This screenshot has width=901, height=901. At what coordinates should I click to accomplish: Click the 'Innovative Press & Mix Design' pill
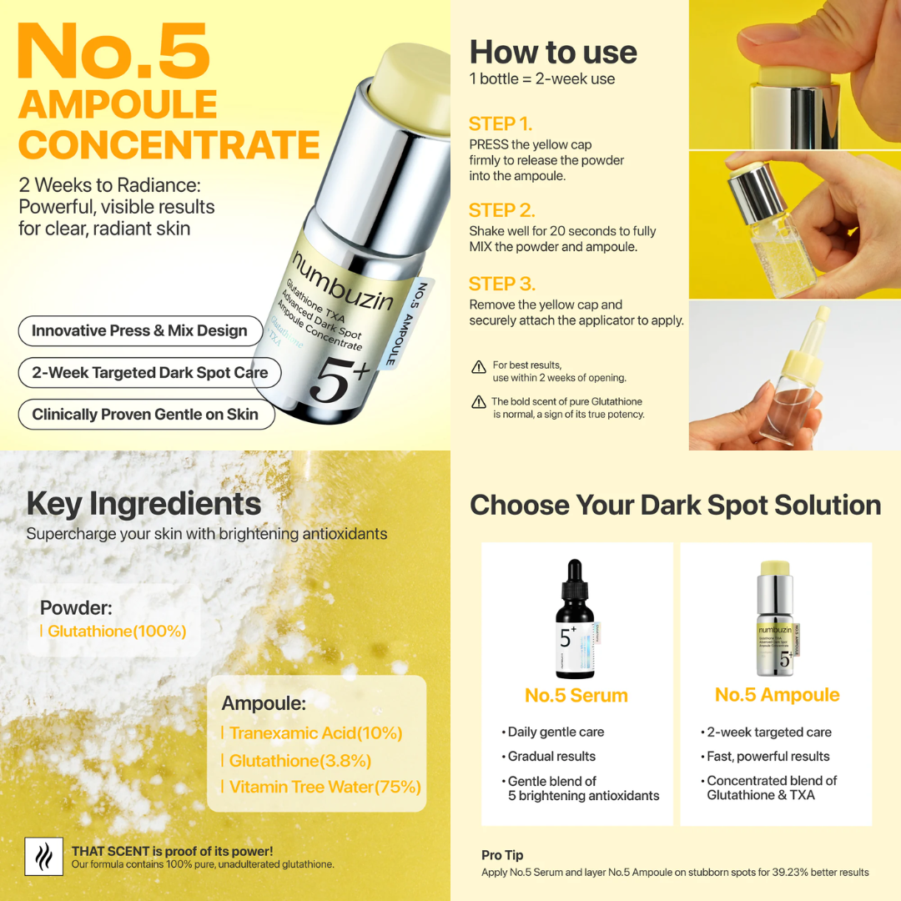[x=140, y=331]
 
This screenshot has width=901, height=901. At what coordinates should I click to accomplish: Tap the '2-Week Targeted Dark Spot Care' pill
[x=150, y=373]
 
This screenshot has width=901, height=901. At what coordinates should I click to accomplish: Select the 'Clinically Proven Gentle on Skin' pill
[x=146, y=415]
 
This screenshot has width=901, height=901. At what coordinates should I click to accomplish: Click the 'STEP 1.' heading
[x=501, y=124]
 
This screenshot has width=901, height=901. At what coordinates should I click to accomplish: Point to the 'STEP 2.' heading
[x=501, y=210]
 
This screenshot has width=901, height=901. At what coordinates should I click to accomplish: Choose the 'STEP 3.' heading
[x=502, y=284]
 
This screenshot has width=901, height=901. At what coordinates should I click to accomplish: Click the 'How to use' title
[x=553, y=53]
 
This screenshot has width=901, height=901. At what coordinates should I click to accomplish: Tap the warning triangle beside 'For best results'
[x=479, y=366]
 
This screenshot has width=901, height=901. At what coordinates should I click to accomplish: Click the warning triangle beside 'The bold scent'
[x=479, y=401]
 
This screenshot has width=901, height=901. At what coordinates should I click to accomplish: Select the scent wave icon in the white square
[x=43, y=857]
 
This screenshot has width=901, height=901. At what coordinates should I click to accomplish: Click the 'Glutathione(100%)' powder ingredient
[x=117, y=632]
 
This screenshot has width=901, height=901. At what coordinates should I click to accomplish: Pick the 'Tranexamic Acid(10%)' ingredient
[x=315, y=733]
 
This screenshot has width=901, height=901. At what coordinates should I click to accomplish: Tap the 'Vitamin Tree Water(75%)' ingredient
[x=325, y=787]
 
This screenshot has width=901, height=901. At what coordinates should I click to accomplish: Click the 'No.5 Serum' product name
[x=576, y=695]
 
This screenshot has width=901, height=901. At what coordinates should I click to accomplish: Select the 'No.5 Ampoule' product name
[x=777, y=695]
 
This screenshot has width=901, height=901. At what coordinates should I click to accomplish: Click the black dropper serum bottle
[x=576, y=618]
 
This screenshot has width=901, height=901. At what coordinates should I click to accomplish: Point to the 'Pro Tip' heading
[x=502, y=855]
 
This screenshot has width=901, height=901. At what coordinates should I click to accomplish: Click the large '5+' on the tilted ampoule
[x=339, y=380]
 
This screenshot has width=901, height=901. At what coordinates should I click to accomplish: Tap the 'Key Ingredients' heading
[x=143, y=505]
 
